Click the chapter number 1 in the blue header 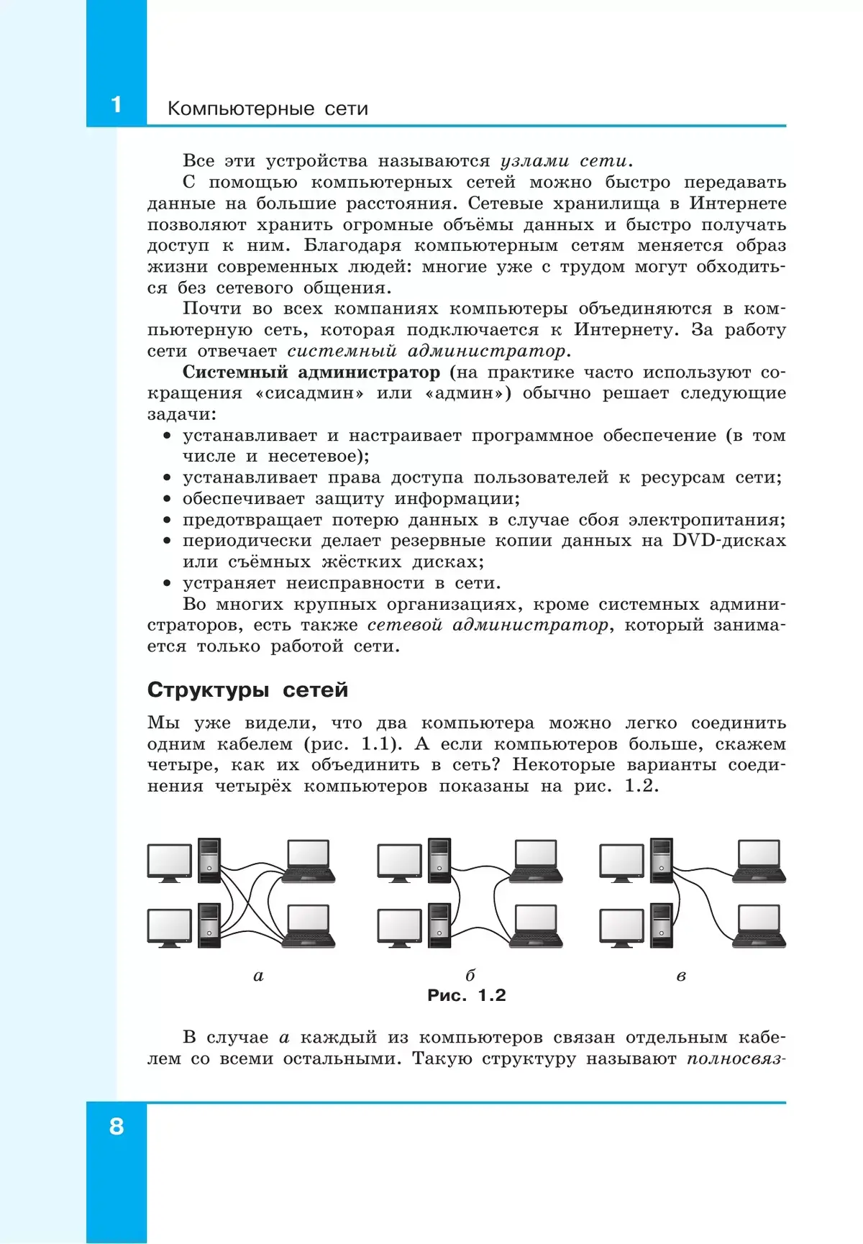116,105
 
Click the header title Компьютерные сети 268,109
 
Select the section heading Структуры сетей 247,690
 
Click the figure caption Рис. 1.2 466,995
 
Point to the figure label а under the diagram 259,976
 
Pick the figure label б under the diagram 470,976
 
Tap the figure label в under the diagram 681,976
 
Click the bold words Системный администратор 311,372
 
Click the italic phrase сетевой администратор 488,625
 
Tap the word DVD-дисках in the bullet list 729,541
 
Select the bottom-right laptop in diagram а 309,925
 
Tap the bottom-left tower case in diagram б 439,925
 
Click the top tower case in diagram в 662,860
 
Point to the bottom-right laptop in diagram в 759,925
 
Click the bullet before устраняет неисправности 167,583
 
